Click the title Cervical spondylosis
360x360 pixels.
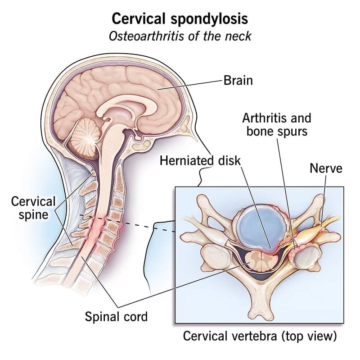click(x=180, y=19)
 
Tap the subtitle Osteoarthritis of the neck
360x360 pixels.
click(x=180, y=36)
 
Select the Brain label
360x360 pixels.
click(x=238, y=81)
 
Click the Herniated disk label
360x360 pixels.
click(x=200, y=160)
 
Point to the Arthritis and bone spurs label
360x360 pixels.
click(x=277, y=125)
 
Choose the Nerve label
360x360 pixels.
click(x=326, y=168)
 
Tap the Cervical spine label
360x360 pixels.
click(x=33, y=208)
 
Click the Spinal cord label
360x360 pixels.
click(x=116, y=317)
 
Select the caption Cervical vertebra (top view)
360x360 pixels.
click(x=260, y=336)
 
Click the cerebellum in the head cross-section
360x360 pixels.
click(x=84, y=138)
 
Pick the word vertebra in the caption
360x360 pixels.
click(x=255, y=336)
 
